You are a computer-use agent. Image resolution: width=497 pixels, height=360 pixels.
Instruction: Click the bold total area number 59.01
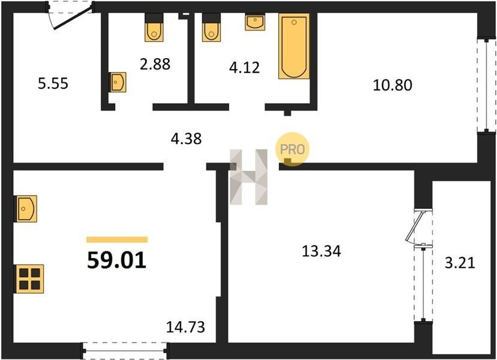coord(117,260)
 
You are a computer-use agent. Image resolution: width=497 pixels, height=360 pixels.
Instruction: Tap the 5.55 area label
coord(53,84)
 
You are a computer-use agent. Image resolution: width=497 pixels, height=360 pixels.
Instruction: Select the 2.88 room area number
coord(155,64)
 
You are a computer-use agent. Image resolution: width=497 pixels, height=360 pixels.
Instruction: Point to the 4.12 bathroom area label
coord(245,68)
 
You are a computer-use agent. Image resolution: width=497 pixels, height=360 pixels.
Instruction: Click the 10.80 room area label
coord(393,85)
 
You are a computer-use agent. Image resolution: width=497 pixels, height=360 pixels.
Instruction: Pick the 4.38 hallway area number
coord(186,139)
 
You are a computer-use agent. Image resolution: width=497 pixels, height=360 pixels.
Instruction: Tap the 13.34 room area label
coord(321,251)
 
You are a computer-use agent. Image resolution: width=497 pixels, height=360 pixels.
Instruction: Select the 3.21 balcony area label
coord(460,263)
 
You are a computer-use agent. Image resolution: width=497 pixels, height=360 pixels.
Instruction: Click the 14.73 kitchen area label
coord(186,327)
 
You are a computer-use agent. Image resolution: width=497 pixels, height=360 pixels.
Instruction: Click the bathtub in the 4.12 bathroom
coord(294,46)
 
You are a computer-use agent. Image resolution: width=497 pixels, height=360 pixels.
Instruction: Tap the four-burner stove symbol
coord(29,279)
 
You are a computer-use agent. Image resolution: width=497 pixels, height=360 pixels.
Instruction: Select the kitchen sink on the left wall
coord(26,209)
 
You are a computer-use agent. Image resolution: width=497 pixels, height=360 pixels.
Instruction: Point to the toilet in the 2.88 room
coord(154,28)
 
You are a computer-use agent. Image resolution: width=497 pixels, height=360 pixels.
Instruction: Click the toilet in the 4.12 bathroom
coord(211,28)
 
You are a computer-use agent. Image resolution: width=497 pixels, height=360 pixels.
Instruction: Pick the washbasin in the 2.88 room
coord(118,82)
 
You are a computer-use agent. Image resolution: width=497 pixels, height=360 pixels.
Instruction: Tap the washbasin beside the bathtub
coord(255,22)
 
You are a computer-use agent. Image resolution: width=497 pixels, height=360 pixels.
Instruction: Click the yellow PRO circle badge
coord(292,149)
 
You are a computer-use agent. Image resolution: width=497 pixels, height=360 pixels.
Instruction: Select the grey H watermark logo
coord(248,176)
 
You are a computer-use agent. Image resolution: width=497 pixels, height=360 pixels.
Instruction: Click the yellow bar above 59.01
coord(117,239)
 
